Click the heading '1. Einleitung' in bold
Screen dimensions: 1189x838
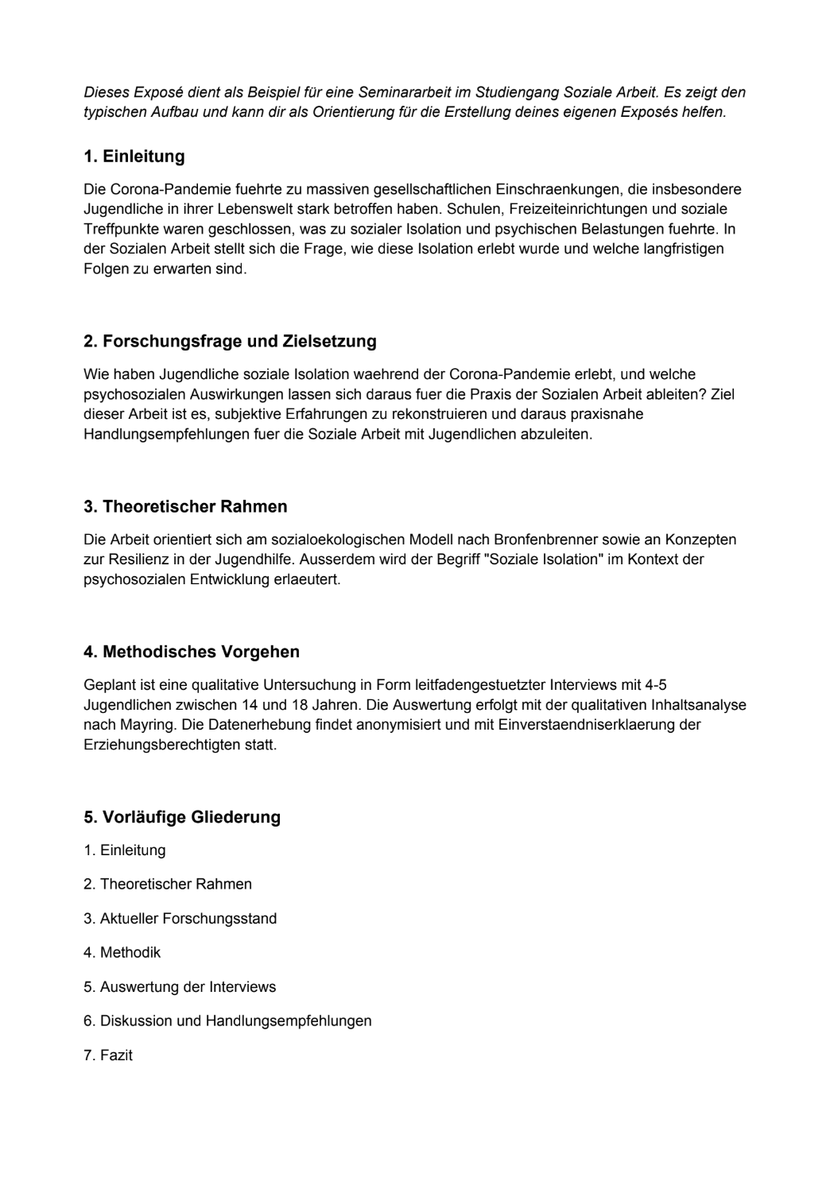[x=134, y=157]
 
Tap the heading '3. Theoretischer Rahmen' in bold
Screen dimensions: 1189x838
[x=185, y=507]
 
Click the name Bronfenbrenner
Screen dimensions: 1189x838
[x=568, y=540]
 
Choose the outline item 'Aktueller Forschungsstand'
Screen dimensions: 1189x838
[x=180, y=919]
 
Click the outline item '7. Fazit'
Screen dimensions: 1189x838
[x=108, y=1056]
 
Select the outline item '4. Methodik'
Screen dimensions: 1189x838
[x=122, y=953]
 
